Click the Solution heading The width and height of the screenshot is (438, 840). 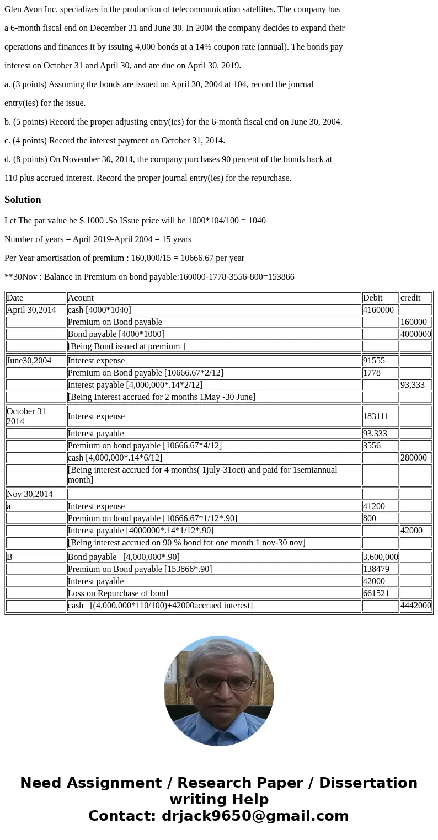click(23, 200)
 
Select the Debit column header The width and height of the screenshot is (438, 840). click(373, 298)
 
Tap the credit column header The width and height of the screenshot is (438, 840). click(410, 298)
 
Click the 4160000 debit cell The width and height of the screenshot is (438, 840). click(378, 310)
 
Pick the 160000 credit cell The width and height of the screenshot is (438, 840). click(414, 322)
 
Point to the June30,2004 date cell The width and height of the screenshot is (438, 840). click(29, 361)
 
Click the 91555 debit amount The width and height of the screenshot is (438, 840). click(374, 361)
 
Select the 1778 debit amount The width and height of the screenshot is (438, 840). click(372, 373)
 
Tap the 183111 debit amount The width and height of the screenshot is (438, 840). click(376, 416)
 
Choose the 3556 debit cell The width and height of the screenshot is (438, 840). click(372, 446)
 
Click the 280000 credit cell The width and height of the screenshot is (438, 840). click(414, 458)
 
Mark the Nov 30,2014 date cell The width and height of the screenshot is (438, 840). click(30, 494)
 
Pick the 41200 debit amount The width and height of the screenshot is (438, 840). click(374, 506)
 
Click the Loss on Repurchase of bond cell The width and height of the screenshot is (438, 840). click(117, 593)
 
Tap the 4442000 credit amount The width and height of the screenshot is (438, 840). click(416, 606)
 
